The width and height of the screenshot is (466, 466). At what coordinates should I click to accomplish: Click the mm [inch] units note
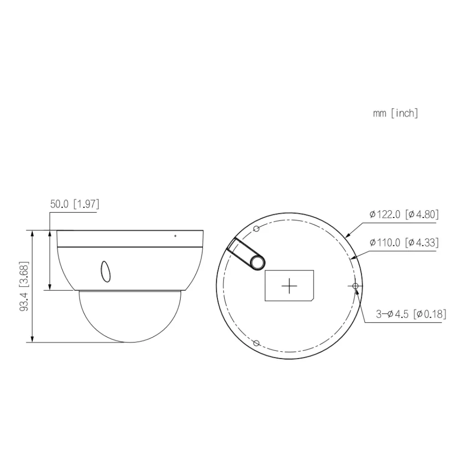click(395, 113)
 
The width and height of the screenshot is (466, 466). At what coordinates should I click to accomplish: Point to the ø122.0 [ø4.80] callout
click(404, 215)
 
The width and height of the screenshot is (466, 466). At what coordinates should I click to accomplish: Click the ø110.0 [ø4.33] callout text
click(404, 243)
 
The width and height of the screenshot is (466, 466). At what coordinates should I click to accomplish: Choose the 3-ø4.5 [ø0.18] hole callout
click(410, 314)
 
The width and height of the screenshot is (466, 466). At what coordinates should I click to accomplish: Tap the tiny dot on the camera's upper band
click(175, 236)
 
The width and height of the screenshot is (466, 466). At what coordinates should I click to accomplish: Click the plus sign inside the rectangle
click(289, 286)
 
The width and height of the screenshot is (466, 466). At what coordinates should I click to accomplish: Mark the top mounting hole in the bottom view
click(256, 228)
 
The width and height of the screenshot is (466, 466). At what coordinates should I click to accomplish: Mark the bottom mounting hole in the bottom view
click(256, 343)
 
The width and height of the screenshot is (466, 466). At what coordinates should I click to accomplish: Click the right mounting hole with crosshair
click(355, 285)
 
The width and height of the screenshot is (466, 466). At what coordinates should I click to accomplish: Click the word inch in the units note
click(405, 113)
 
